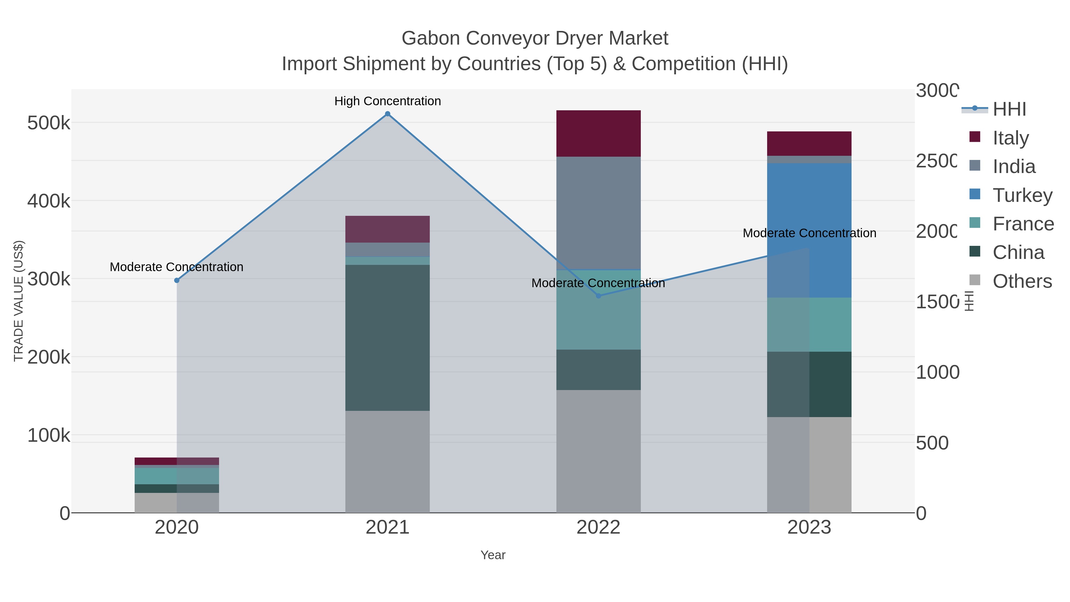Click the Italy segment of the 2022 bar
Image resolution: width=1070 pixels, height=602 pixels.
pyautogui.click(x=598, y=133)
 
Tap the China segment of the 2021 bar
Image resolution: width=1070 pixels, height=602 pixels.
pyautogui.click(x=387, y=337)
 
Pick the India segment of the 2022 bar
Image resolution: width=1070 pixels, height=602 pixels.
pyautogui.click(x=598, y=213)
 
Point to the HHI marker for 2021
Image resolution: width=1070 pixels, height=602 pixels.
pyautogui.click(x=387, y=114)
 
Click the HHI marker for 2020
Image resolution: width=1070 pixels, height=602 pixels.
pyautogui.click(x=177, y=280)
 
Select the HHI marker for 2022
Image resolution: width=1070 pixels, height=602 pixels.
pyautogui.click(x=598, y=296)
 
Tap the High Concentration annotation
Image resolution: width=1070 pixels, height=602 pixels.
pyautogui.click(x=387, y=101)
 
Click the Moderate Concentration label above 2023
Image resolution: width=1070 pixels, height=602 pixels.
pyautogui.click(x=809, y=233)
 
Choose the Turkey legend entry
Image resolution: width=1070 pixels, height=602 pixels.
pyautogui.click(x=1022, y=195)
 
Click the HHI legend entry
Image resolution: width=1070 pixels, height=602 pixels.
pyautogui.click(x=1009, y=109)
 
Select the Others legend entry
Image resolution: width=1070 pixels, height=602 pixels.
pyautogui.click(x=1022, y=281)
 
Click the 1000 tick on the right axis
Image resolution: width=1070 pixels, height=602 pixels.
pyautogui.click(x=937, y=372)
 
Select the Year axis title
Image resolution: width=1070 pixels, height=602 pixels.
pyautogui.click(x=492, y=555)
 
